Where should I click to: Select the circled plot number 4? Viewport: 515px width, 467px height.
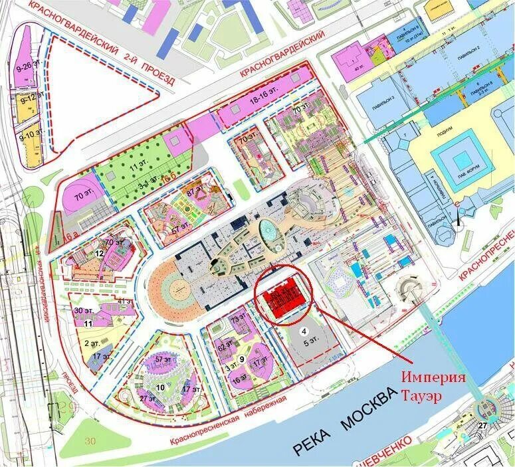point(304,330)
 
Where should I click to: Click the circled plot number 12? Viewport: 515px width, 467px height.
point(98,253)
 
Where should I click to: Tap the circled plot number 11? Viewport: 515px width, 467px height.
point(87,324)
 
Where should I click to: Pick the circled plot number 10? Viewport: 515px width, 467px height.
point(159,387)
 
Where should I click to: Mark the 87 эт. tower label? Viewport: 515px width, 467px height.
point(196,192)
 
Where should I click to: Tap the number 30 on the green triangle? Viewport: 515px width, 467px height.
point(91,440)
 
